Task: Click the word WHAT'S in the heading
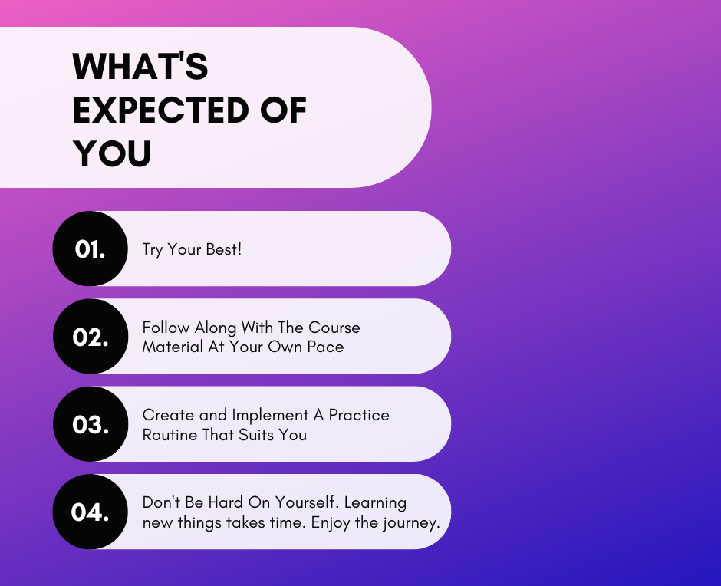140,66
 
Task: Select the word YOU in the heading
112,153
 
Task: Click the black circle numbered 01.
91,249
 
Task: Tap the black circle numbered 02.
91,336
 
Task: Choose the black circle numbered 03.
91,424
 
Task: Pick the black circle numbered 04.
91,512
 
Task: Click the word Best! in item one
223,249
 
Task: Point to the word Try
152,250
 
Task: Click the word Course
334,328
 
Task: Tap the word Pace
325,347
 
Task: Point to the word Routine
170,435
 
